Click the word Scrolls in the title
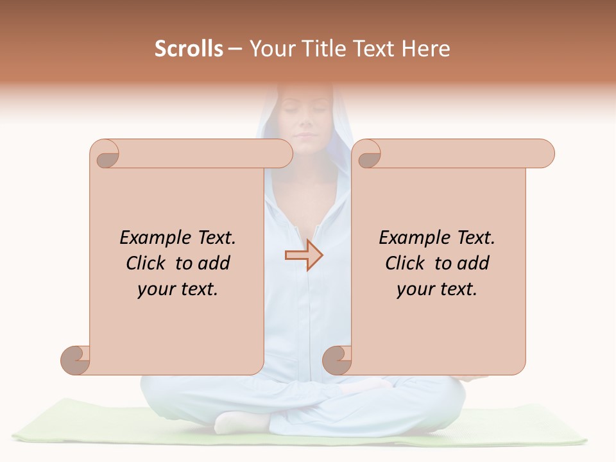click(189, 49)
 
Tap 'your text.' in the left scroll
click(178, 289)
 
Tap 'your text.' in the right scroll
click(437, 289)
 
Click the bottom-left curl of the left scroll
click(76, 359)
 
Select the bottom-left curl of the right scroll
click(338, 359)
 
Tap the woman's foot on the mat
click(241, 422)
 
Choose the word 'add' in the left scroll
click(215, 264)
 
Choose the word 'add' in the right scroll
click(474, 264)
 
